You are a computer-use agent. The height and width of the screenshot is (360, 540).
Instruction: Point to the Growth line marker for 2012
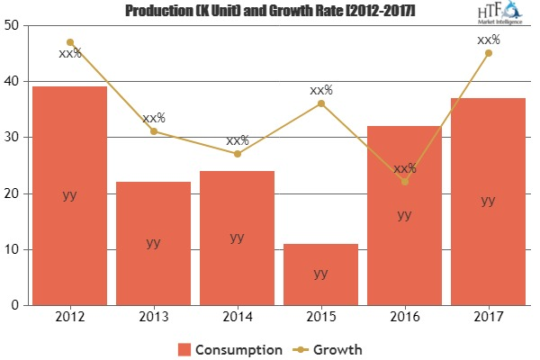(x=69, y=42)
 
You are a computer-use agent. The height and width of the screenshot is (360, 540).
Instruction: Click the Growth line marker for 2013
(x=153, y=131)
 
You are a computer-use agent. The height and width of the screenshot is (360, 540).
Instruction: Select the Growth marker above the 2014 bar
(x=237, y=154)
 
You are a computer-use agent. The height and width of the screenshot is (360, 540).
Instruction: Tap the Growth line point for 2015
(x=320, y=103)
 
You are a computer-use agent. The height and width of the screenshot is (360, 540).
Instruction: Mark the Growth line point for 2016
(x=404, y=182)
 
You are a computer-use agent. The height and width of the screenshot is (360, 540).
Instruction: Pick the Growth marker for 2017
(x=488, y=53)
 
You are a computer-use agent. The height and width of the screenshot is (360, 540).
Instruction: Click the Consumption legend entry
(x=230, y=348)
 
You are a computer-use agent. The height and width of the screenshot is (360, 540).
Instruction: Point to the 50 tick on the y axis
(x=15, y=25)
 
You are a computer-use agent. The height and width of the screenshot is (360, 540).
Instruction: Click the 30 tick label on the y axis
(x=15, y=138)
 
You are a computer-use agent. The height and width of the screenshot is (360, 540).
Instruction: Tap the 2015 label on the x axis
(x=320, y=318)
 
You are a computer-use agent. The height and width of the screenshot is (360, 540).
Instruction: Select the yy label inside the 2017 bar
(x=488, y=201)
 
